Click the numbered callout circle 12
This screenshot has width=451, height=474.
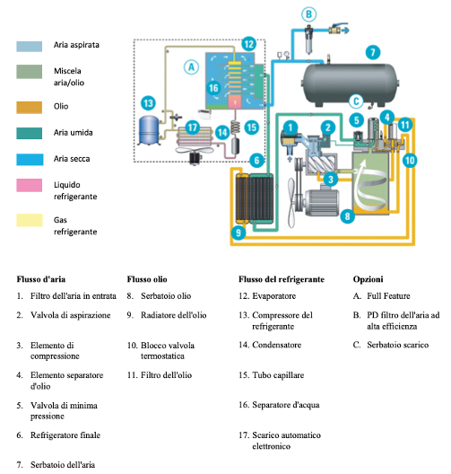[248, 44]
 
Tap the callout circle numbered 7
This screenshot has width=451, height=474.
[373, 52]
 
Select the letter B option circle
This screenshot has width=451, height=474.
[308, 14]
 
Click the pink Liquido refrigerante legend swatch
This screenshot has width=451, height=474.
[30, 185]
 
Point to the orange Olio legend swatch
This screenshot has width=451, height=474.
[30, 108]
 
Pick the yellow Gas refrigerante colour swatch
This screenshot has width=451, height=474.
[30, 220]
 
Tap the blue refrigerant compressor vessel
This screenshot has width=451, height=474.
[149, 130]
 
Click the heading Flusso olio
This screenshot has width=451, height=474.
[147, 279]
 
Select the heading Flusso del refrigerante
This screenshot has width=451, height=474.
[282, 279]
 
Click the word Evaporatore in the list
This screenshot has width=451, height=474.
[273, 296]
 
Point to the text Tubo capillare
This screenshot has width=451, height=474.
[278, 375]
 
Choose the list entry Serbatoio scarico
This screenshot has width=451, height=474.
[397, 345]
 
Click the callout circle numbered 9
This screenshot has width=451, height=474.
[239, 233]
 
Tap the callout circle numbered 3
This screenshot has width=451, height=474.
[331, 180]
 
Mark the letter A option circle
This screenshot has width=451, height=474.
[191, 67]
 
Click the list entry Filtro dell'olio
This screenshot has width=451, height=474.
[166, 375]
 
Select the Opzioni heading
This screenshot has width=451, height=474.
[368, 279]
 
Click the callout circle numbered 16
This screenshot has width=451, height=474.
[213, 88]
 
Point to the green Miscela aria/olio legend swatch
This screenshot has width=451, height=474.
[30, 72]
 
